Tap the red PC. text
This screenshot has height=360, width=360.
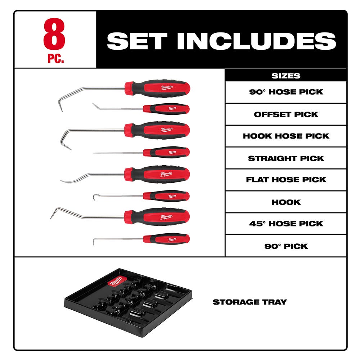click(55, 59)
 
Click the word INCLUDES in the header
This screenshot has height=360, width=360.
click(256, 41)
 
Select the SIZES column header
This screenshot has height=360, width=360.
click(286, 76)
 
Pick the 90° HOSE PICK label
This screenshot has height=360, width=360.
click(286, 92)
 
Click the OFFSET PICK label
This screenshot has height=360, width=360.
click(286, 114)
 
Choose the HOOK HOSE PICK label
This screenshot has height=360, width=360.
click(286, 136)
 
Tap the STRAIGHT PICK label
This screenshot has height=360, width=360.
click(286, 158)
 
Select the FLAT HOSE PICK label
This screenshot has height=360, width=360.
click(286, 180)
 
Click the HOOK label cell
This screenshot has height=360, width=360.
click(286, 202)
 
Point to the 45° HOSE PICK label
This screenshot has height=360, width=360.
click(286, 224)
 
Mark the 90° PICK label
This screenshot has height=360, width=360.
click(286, 246)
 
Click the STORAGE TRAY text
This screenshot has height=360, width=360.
click(249, 302)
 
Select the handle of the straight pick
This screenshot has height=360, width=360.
click(166, 152)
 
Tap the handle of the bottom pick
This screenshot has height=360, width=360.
click(166, 238)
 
